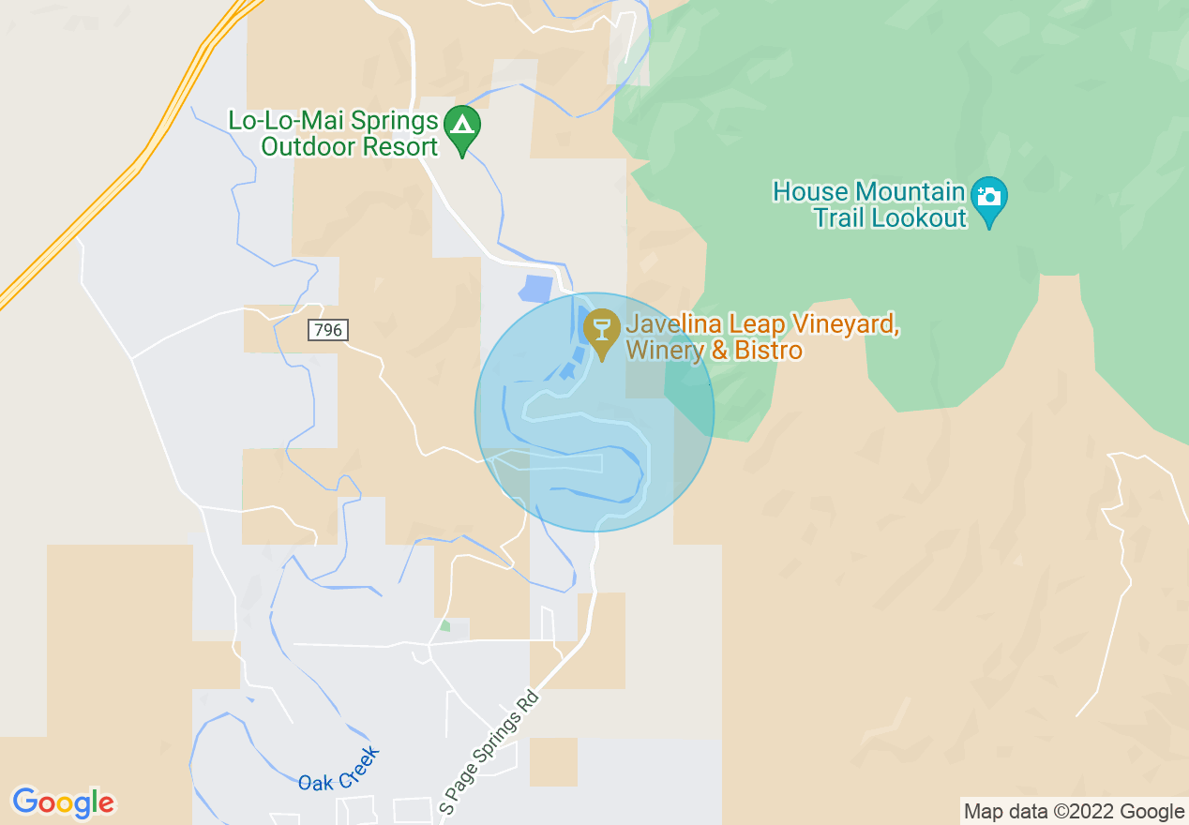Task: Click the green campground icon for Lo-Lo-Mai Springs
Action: click(x=461, y=127)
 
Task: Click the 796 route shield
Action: click(x=327, y=330)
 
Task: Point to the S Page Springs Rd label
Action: click(x=489, y=752)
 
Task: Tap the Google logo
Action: click(x=63, y=802)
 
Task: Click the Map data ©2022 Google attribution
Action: click(x=1075, y=812)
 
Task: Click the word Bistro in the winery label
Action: click(x=769, y=351)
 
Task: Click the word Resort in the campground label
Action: click(x=402, y=147)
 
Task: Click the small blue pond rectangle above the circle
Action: click(x=535, y=289)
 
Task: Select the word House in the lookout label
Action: click(x=809, y=192)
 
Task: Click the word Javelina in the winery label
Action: click(x=669, y=325)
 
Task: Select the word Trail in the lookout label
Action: click(x=839, y=218)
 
